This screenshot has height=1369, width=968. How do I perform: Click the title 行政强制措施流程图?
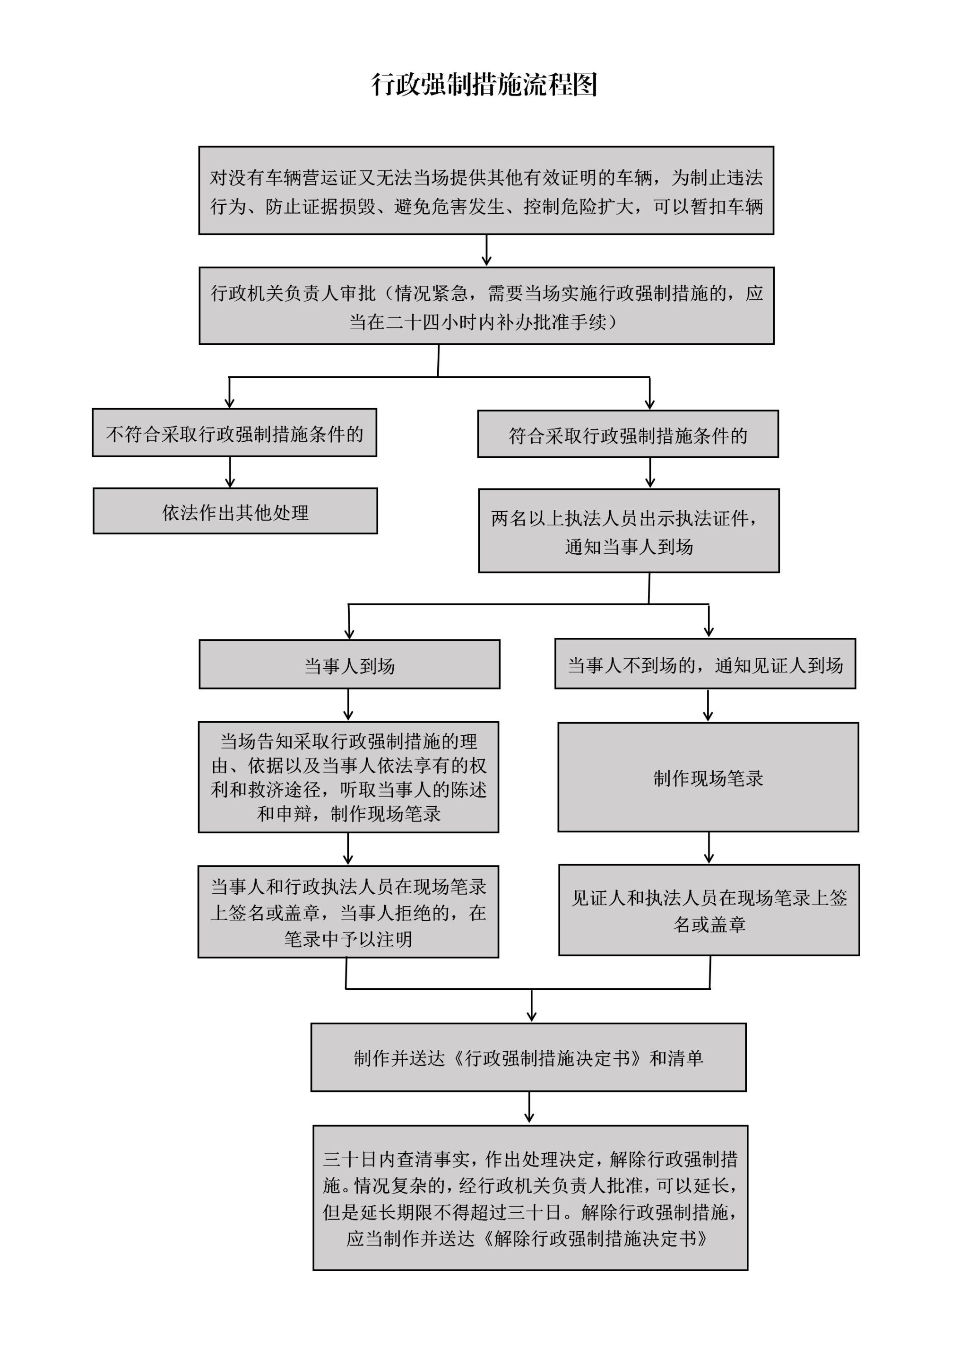[x=484, y=85]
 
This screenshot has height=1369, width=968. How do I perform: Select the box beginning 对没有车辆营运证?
[x=486, y=190]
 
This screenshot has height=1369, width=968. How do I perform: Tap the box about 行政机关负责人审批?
[x=486, y=306]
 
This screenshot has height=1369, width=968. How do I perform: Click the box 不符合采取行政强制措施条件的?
[x=234, y=433]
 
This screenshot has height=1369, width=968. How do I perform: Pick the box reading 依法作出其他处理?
[x=235, y=511]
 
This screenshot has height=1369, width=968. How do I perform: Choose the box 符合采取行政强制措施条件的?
[x=628, y=434]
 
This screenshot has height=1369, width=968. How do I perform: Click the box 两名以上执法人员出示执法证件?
[x=629, y=531]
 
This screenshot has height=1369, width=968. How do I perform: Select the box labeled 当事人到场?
[x=349, y=664]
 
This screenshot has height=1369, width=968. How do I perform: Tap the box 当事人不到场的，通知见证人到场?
[x=705, y=663]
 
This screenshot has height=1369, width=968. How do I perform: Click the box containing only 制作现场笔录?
[x=708, y=777]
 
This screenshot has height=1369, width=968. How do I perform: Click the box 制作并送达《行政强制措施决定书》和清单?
[x=528, y=1057]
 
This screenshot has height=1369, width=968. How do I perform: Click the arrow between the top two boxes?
[x=486, y=251]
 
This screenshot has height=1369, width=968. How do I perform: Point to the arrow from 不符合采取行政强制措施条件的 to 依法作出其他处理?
[x=230, y=472]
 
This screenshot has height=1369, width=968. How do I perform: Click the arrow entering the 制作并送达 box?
[x=532, y=1006]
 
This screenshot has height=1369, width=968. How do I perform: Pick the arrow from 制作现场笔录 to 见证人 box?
[x=709, y=848]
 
